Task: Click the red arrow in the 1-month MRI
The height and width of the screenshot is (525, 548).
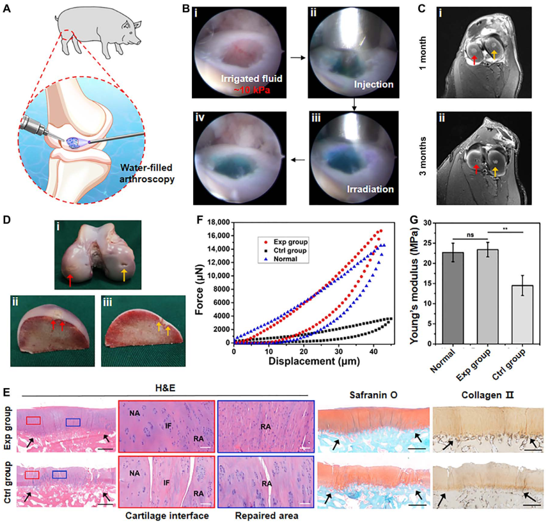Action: pyautogui.click(x=474, y=60)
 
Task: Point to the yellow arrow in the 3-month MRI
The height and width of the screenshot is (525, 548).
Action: pyautogui.click(x=496, y=169)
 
